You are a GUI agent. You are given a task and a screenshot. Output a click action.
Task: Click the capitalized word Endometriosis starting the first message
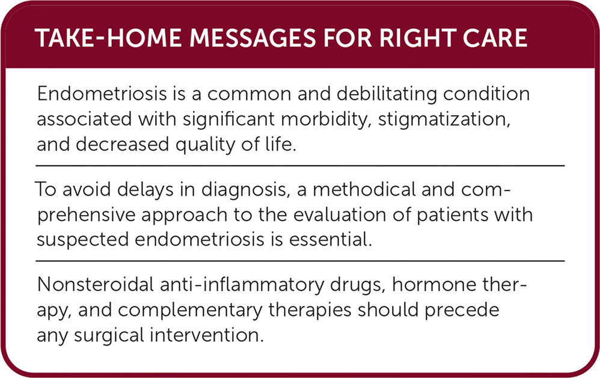click(x=102, y=94)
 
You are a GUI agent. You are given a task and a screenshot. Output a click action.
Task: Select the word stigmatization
click(x=444, y=120)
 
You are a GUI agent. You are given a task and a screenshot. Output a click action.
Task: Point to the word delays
click(x=145, y=190)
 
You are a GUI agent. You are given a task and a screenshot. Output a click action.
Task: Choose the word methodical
click(x=364, y=189)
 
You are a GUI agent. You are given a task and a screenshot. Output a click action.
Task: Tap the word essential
click(x=331, y=240)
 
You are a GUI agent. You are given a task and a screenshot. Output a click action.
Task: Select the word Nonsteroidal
click(x=96, y=285)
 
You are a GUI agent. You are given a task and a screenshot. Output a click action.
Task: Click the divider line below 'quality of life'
click(x=301, y=166)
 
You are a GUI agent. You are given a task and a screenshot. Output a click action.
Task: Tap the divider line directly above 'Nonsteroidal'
click(x=301, y=261)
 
